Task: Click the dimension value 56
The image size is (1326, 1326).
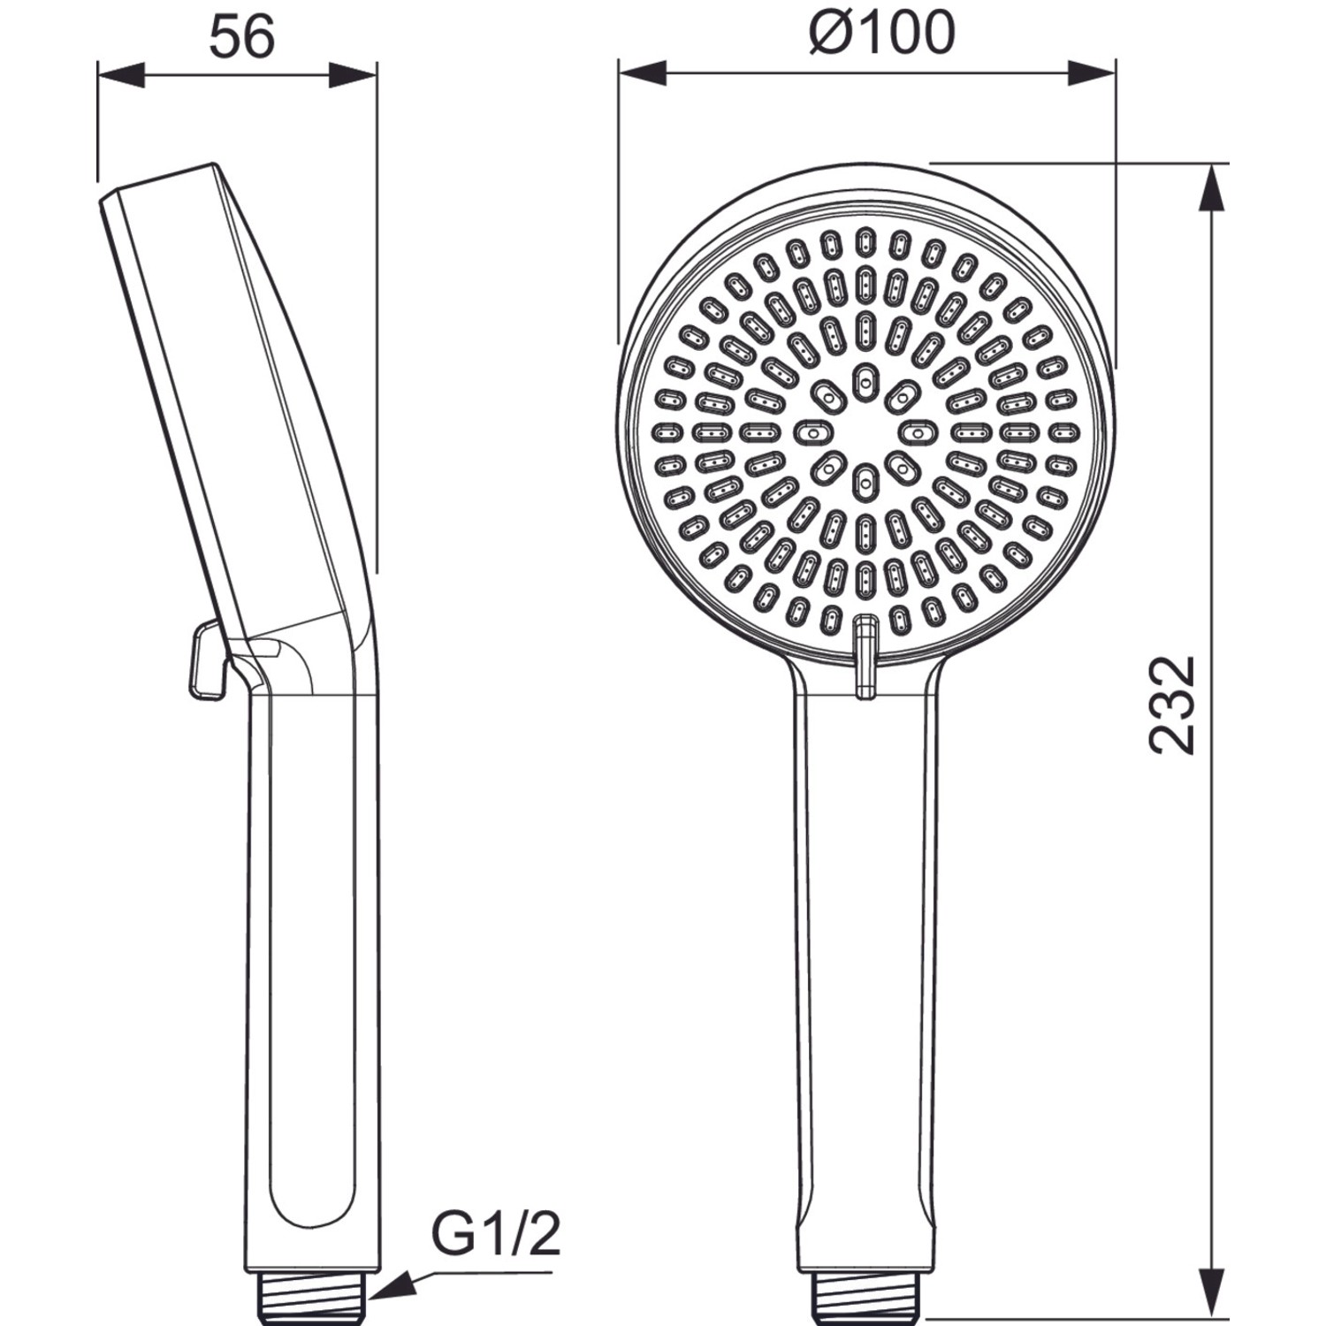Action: pyautogui.click(x=242, y=38)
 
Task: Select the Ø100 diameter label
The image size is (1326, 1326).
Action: pyautogui.click(x=881, y=33)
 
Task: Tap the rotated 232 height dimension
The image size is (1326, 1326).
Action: pyautogui.click(x=1173, y=705)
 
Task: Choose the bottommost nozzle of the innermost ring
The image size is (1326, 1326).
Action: pyautogui.click(x=865, y=482)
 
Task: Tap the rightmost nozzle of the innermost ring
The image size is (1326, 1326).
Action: pyautogui.click(x=917, y=432)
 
